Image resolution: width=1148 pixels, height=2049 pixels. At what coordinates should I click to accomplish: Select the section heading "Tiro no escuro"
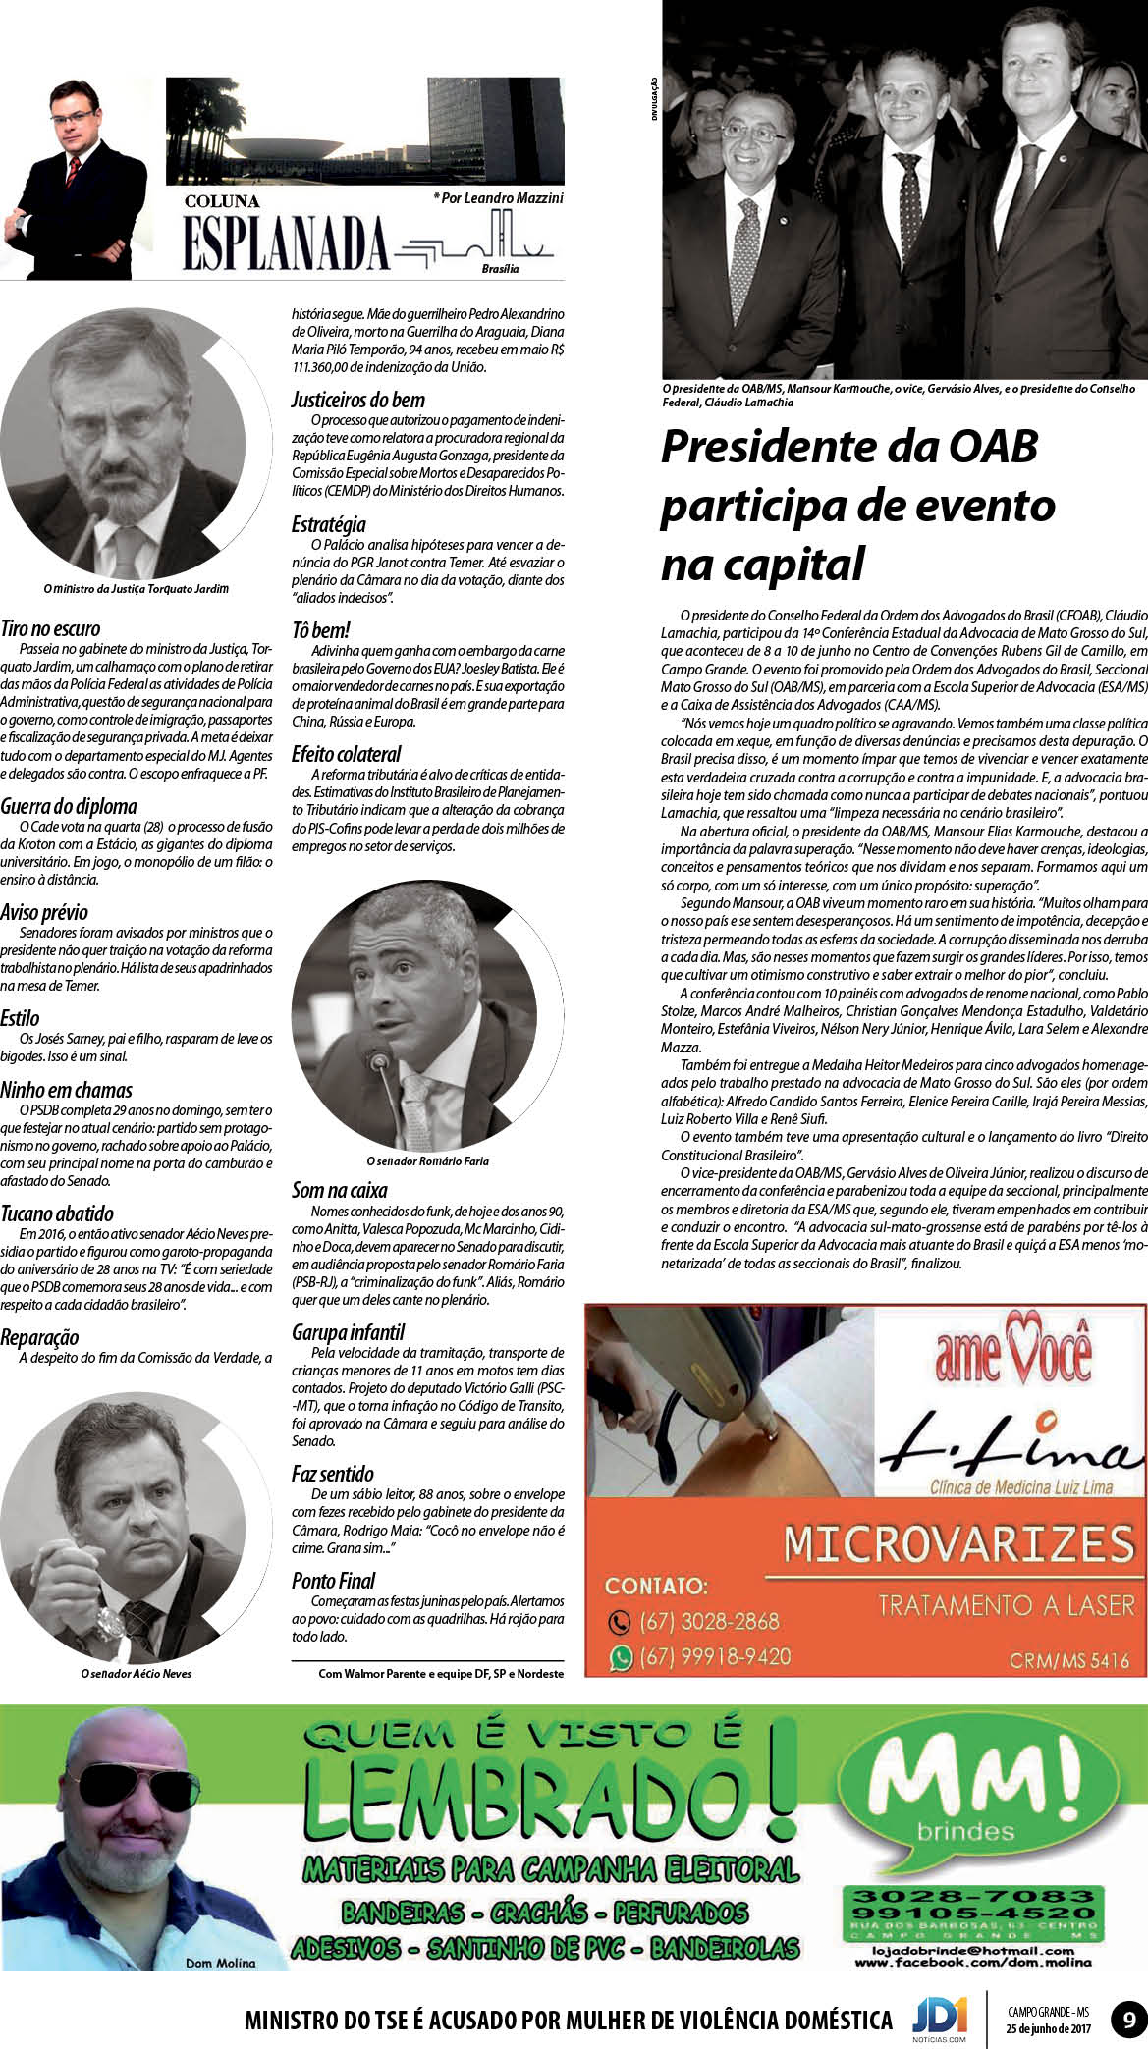click(x=50, y=628)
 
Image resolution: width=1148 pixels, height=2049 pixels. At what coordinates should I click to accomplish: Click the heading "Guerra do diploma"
click(x=69, y=806)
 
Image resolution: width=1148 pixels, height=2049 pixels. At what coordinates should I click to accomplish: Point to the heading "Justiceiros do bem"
click(x=357, y=400)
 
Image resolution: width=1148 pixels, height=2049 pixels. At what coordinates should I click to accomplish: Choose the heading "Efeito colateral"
click(x=346, y=754)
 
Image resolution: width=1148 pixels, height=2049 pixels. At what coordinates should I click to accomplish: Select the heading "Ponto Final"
click(x=333, y=1581)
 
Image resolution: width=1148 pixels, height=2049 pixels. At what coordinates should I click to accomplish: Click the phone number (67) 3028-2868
click(x=708, y=1621)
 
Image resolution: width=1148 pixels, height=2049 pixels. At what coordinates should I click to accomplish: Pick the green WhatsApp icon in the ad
click(x=620, y=1657)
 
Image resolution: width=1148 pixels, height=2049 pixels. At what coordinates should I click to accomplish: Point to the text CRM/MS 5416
click(x=1068, y=1661)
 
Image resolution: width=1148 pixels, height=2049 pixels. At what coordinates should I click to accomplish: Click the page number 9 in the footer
click(x=1126, y=2021)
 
